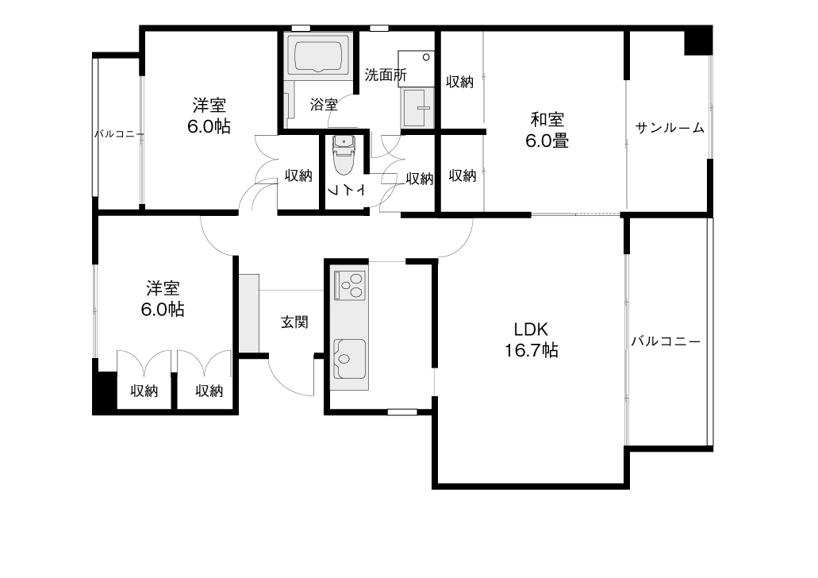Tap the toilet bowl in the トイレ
point(343,155)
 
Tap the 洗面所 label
point(385,75)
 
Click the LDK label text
point(531,329)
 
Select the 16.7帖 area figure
point(531,350)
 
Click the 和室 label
point(547,120)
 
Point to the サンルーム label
point(670,127)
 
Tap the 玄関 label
point(294,322)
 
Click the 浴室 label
point(324,105)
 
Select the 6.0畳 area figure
point(547,141)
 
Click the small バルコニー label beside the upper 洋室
point(119,134)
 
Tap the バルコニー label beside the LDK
point(666,341)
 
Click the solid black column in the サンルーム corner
point(698,40)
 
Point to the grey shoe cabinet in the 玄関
point(249,313)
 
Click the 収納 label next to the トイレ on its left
point(298,176)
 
